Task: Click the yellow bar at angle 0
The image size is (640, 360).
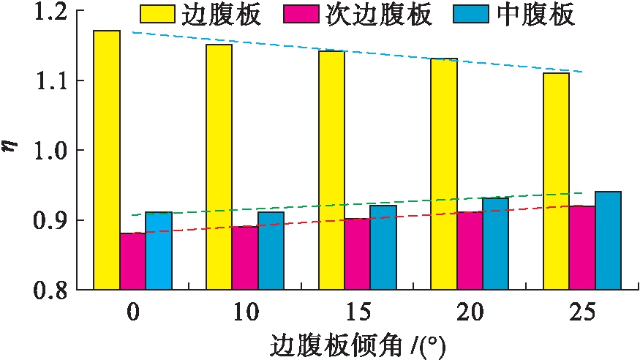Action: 107,160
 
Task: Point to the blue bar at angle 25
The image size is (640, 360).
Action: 608,241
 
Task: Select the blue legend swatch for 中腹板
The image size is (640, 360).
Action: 483,14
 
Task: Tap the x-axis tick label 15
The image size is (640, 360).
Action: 357,313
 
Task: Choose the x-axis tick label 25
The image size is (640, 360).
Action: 582,313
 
